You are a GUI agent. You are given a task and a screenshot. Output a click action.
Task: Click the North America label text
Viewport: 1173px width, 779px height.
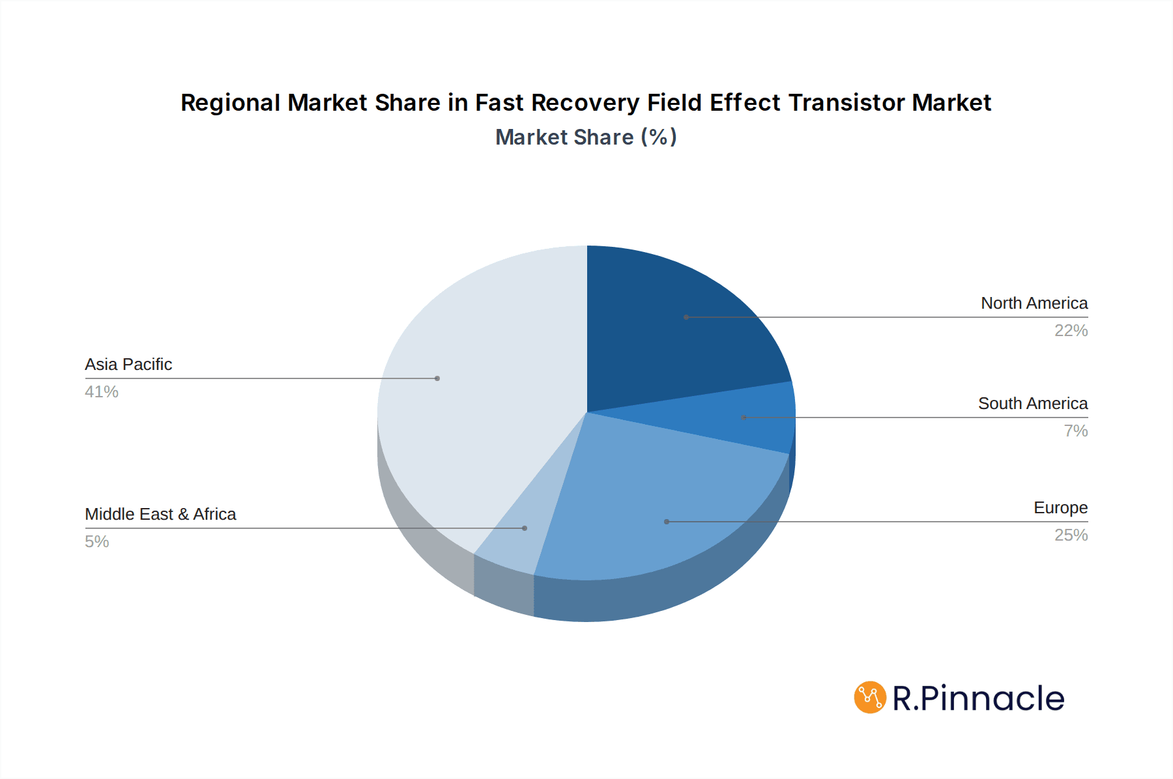[1034, 304]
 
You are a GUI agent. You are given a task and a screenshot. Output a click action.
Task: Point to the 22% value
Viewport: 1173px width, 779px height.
[1071, 331]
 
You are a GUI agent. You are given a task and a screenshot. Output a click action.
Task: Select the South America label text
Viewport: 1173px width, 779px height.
[1033, 404]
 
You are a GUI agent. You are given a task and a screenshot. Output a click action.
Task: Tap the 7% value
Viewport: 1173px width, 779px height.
[1075, 431]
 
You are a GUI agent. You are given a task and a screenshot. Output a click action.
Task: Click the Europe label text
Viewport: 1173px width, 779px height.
[1060, 508]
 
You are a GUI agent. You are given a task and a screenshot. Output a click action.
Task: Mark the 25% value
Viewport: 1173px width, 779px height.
[1071, 535]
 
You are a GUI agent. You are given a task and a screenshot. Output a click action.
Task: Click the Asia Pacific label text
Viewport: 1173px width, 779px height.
[128, 365]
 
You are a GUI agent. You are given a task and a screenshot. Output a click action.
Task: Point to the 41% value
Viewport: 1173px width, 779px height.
[102, 392]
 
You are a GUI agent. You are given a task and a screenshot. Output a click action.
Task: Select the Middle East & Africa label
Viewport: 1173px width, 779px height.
[160, 515]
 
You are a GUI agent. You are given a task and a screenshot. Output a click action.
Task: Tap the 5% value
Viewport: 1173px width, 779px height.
[96, 542]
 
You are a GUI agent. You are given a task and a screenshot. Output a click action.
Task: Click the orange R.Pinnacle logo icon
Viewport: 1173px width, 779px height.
[870, 698]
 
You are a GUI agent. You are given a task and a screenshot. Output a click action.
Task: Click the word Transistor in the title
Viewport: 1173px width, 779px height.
[847, 103]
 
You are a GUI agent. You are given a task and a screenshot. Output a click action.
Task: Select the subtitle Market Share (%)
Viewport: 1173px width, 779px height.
[586, 137]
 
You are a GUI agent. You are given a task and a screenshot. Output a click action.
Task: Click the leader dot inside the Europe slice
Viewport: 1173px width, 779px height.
[666, 522]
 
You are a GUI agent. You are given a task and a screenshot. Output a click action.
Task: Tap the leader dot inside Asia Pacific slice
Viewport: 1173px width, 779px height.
[437, 378]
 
